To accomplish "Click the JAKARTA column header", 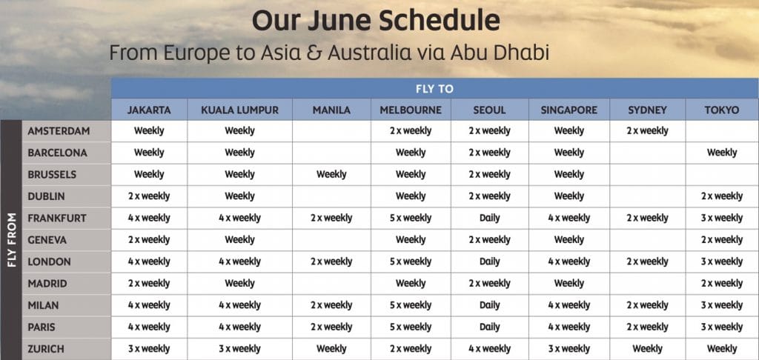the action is (149, 110).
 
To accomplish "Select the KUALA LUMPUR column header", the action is (239, 110).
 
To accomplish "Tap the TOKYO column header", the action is (722, 110).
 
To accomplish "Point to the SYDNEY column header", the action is (647, 110).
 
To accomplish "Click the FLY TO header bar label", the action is (434, 89).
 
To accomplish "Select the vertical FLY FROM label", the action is (12, 239).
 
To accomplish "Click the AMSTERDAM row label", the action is (59, 131).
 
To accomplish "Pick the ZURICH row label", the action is (45, 349).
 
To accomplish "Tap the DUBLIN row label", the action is (46, 196).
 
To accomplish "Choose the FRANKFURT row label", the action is (56, 219).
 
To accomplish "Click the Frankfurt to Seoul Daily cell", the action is (489, 219).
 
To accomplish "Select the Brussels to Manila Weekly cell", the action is (331, 174).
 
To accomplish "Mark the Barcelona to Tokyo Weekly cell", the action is (722, 153).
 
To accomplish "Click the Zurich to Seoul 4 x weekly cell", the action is (489, 349).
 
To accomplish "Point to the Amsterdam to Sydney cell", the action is (647, 130).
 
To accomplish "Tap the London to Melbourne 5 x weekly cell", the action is (411, 261).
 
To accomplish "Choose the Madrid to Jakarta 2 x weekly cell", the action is (149, 284).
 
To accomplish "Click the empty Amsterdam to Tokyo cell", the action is (722, 131).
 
